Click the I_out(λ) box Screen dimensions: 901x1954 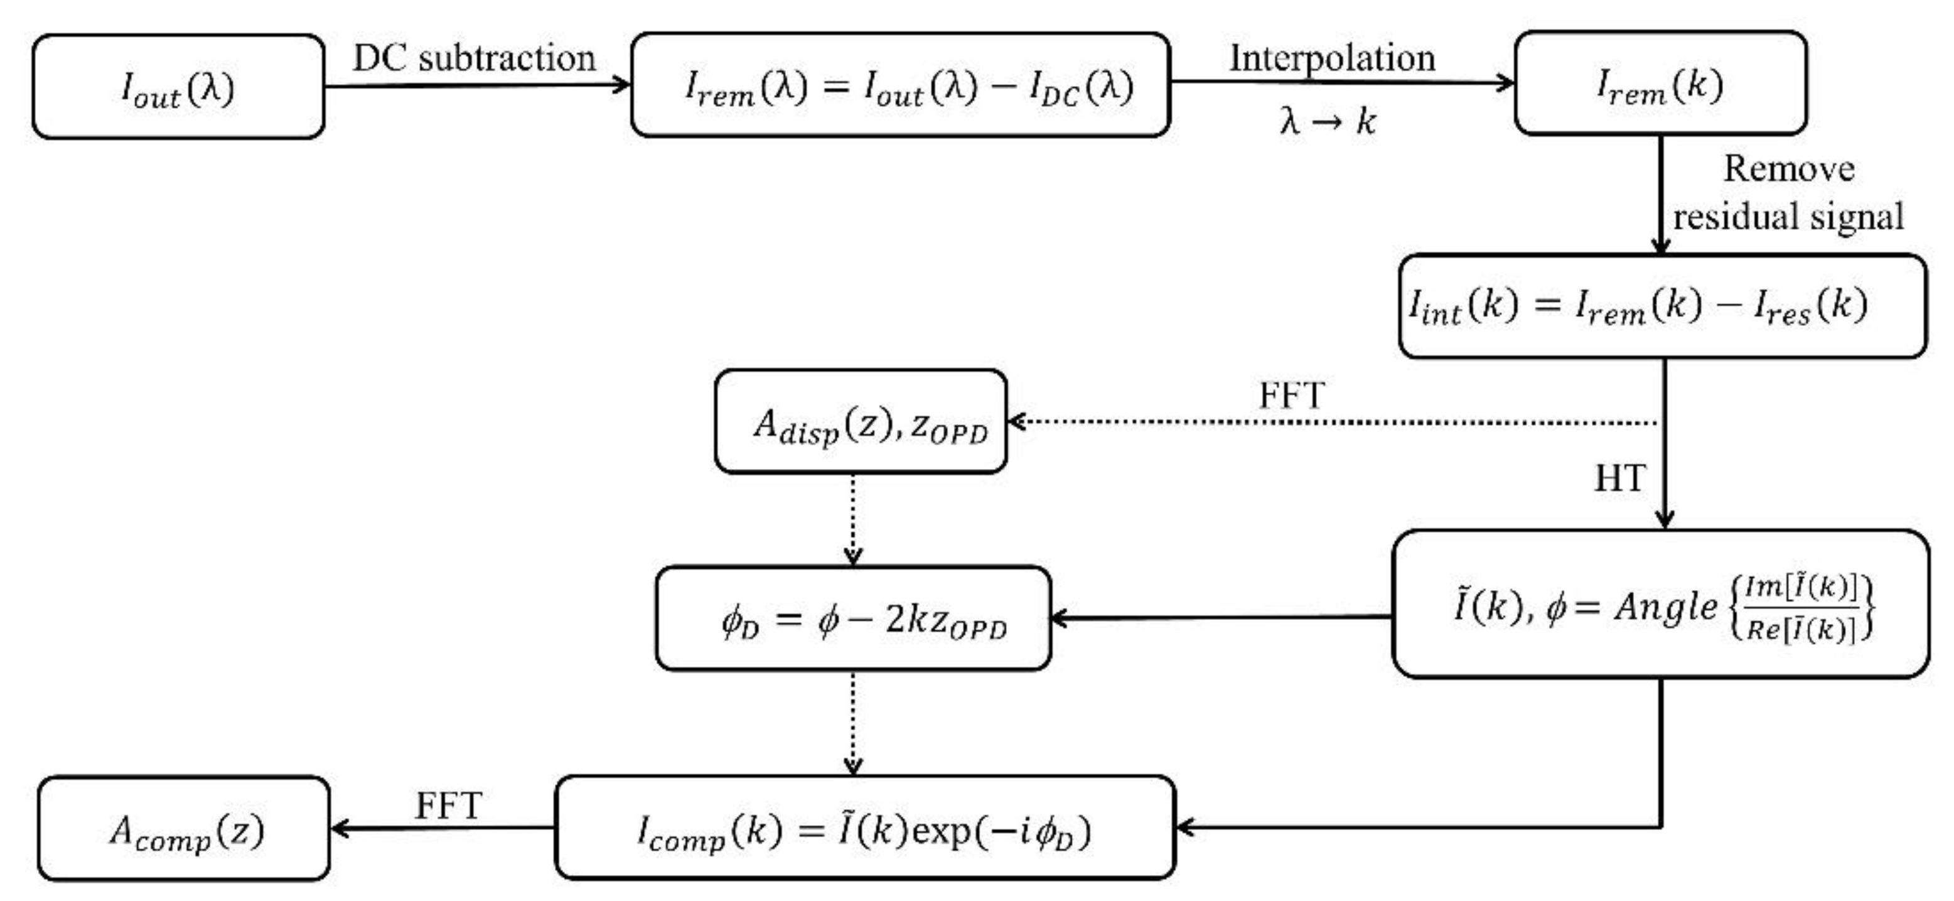(178, 87)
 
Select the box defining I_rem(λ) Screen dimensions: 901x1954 (900, 85)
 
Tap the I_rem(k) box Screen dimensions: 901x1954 (1660, 84)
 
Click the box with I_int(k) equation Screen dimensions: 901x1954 (1661, 306)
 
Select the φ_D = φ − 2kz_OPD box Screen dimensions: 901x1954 (854, 618)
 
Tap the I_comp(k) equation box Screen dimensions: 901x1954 (865, 828)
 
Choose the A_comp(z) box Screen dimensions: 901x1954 (185, 829)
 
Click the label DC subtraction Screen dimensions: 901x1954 (475, 58)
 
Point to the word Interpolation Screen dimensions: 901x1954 (1332, 58)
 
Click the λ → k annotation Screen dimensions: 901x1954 (1328, 121)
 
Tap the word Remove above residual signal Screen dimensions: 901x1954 (1789, 168)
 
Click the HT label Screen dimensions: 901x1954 (1619, 478)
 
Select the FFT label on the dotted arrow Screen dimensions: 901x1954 (1291, 396)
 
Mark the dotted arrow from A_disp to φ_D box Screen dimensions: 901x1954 (854, 520)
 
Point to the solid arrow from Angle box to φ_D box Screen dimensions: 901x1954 (1221, 618)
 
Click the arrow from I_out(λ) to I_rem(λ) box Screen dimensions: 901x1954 (478, 85)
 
